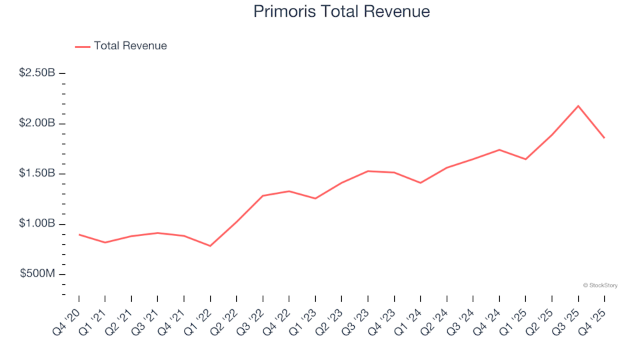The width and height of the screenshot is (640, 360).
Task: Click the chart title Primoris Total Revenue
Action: point(341,11)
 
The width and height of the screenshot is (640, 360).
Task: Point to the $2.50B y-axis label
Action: point(37,73)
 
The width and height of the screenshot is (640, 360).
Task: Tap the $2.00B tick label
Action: point(37,123)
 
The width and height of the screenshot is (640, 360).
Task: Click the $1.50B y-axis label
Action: point(37,173)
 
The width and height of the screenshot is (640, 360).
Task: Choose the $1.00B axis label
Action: point(37,224)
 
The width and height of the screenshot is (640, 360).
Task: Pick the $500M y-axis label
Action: point(39,274)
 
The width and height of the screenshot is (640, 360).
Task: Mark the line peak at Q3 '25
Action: point(578,106)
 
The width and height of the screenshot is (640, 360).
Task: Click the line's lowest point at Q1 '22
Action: point(210,246)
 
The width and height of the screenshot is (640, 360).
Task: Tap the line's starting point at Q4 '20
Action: point(79,235)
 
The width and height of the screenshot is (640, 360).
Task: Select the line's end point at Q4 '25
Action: point(604,137)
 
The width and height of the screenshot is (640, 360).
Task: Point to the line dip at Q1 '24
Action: point(420,183)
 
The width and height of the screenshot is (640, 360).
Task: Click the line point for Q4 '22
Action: point(289,191)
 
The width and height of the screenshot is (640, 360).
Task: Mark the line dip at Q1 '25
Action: point(525,159)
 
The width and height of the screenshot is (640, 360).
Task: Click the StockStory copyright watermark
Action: point(600,285)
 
